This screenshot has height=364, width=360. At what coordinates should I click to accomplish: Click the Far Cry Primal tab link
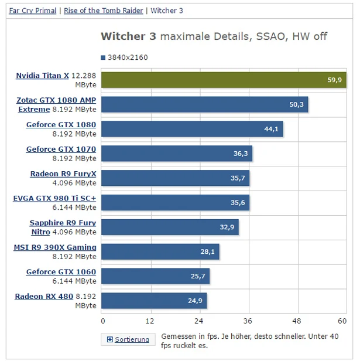tap(33, 11)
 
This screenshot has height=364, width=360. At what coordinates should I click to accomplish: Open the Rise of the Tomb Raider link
tap(103, 11)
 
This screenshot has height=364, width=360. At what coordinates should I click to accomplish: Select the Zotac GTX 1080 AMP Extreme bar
tap(205, 104)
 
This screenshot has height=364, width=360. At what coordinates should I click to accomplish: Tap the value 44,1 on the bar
tap(271, 129)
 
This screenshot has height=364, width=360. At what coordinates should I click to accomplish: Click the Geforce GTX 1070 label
tap(61, 149)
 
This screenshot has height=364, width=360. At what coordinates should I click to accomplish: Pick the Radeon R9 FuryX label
tap(63, 174)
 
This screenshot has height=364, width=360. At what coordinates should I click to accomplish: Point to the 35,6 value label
tap(238, 203)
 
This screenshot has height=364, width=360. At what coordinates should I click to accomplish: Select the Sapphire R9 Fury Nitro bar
tap(170, 227)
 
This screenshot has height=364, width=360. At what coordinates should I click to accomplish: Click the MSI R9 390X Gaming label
tap(55, 247)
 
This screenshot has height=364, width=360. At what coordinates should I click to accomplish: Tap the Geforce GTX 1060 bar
tap(156, 276)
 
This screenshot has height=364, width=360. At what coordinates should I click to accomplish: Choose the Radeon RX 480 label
tap(44, 297)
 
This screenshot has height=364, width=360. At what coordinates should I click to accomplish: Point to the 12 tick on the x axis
tap(150, 321)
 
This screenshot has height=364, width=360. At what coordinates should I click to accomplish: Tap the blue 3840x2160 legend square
tap(103, 58)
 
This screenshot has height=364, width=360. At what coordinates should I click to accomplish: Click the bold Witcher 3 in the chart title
tap(128, 36)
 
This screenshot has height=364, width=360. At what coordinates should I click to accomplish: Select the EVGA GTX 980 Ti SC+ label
tap(54, 199)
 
